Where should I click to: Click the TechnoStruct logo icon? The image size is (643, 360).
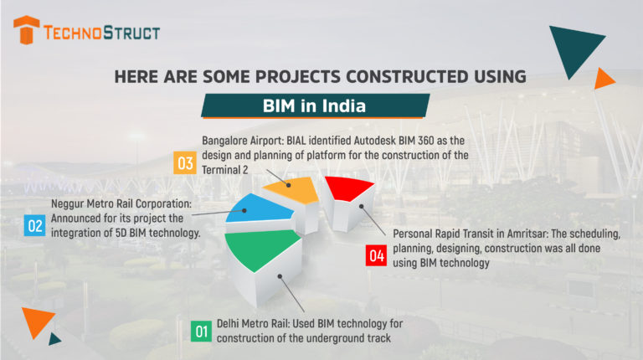point(28,31)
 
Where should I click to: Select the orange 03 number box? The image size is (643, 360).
point(184,162)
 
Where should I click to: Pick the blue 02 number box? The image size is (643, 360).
point(35,225)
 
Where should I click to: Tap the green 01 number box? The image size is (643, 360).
point(201,332)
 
